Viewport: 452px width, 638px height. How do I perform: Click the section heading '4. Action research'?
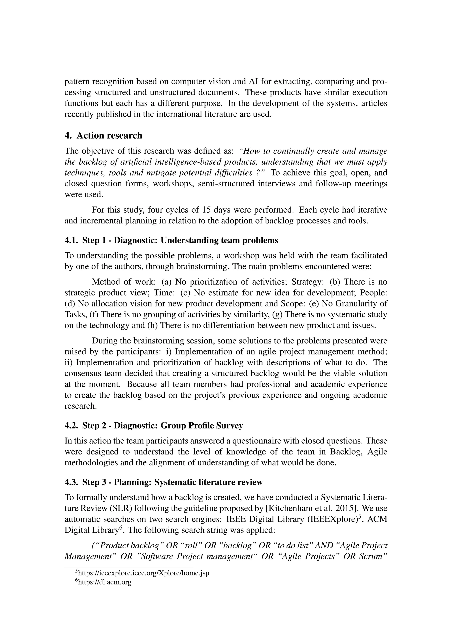(x=103, y=136)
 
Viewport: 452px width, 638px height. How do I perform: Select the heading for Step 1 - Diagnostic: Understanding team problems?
(x=171, y=240)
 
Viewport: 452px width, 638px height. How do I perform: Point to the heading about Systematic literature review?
(x=164, y=482)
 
